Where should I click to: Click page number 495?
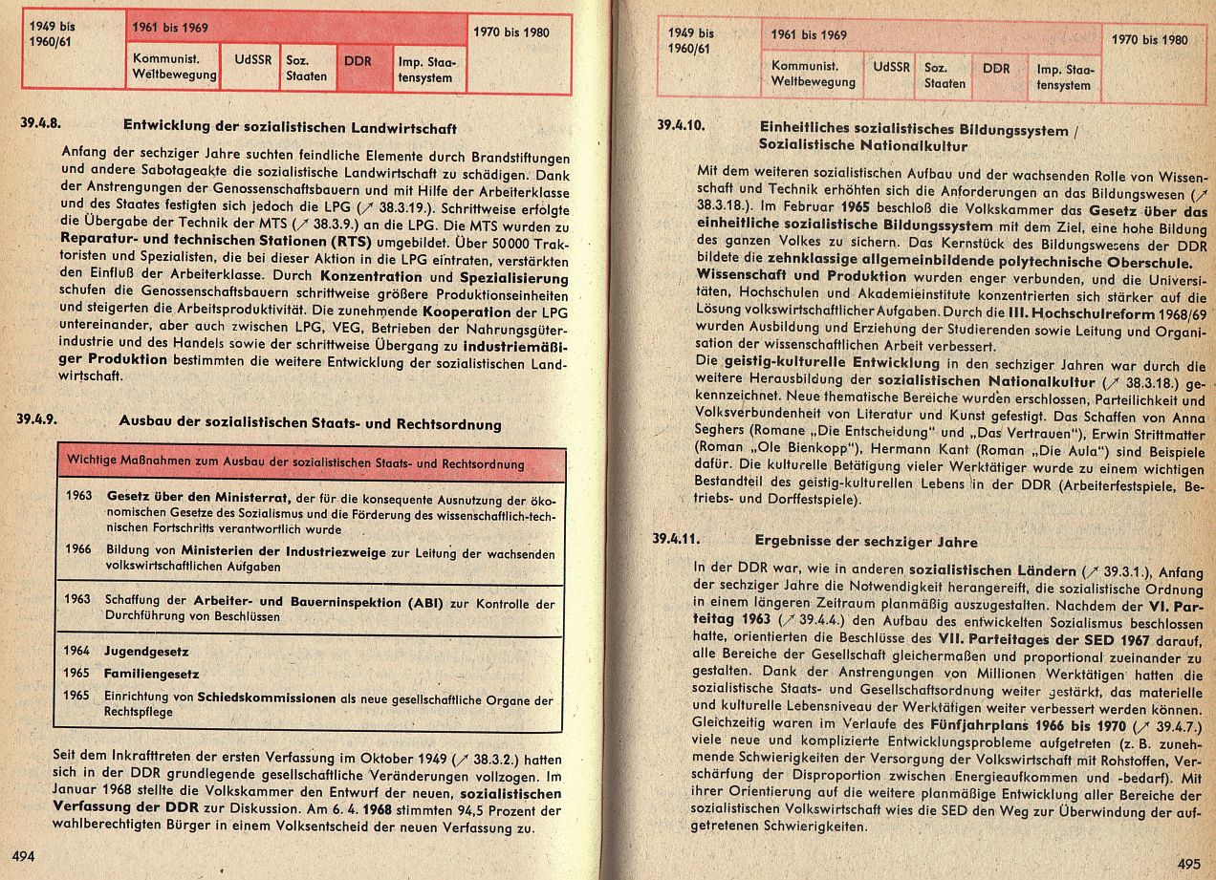pyautogui.click(x=1188, y=864)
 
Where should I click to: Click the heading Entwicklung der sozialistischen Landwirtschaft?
pyautogui.click(x=290, y=127)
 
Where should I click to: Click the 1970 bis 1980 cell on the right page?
pyautogui.click(x=1150, y=40)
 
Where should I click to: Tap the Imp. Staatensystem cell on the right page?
pyautogui.click(x=1064, y=77)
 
